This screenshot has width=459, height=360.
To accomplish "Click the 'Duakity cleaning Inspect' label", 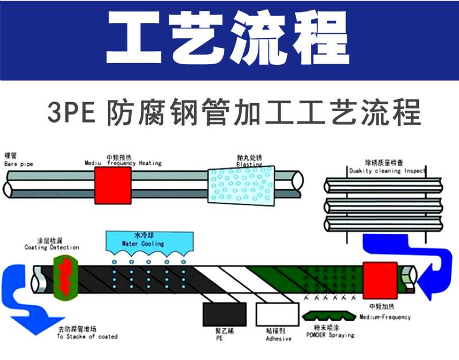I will coord(387,171).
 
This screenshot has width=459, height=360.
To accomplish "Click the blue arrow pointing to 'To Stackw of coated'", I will coord(29,310).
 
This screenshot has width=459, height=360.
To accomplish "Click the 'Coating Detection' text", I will coord(52,248).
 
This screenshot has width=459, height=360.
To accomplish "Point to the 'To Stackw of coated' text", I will coord(87,336).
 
